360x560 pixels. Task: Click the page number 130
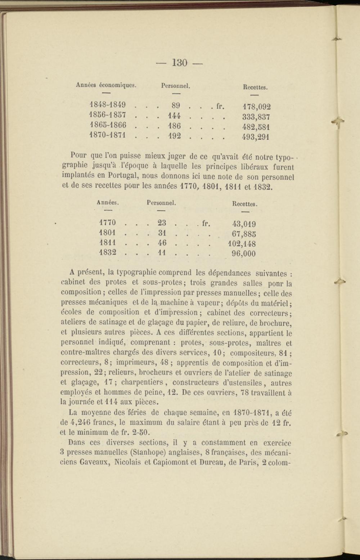pos(180,63)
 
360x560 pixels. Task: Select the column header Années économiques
pos(106,85)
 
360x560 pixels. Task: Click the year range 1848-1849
pos(107,105)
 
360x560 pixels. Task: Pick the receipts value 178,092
pos(257,107)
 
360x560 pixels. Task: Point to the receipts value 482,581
pos(257,127)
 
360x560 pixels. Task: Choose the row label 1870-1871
pos(107,136)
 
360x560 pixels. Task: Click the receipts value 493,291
pos(257,137)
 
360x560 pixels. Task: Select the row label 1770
pos(107,223)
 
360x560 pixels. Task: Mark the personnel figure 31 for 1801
pos(162,233)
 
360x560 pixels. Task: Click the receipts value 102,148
pos(242,244)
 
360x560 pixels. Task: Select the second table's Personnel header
pos(161,203)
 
